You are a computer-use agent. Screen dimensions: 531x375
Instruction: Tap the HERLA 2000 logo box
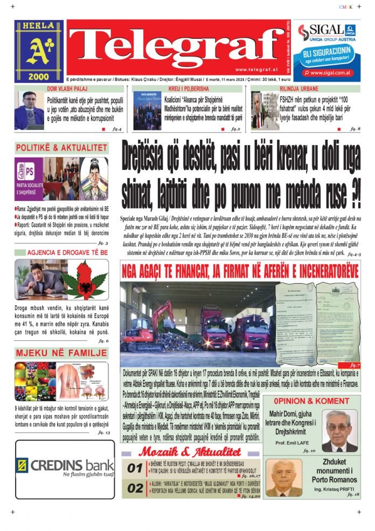[x=39, y=52]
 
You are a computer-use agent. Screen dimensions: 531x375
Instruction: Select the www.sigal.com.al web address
[x=331, y=73]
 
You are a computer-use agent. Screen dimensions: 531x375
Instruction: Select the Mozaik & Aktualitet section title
[x=189, y=452]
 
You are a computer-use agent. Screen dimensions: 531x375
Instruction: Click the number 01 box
[x=134, y=469]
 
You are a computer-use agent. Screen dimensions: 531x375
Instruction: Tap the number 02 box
[x=134, y=489]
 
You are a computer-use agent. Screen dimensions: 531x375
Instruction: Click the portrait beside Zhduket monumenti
[x=285, y=478]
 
